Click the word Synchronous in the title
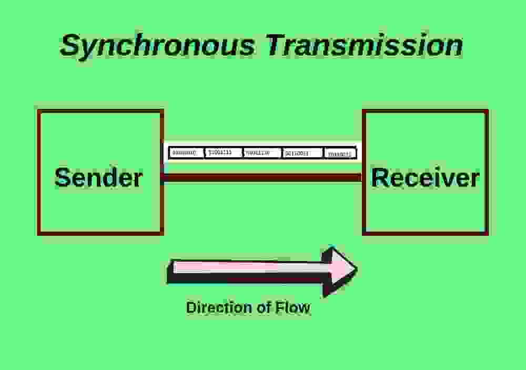pyautogui.click(x=157, y=45)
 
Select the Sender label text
pyautogui.click(x=98, y=177)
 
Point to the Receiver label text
pyautogui.click(x=425, y=177)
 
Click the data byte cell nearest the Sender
pyautogui.click(x=185, y=153)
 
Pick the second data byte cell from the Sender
pyautogui.click(x=222, y=153)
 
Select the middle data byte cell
pyautogui.click(x=262, y=153)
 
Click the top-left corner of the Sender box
pyautogui.click(x=38, y=111)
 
